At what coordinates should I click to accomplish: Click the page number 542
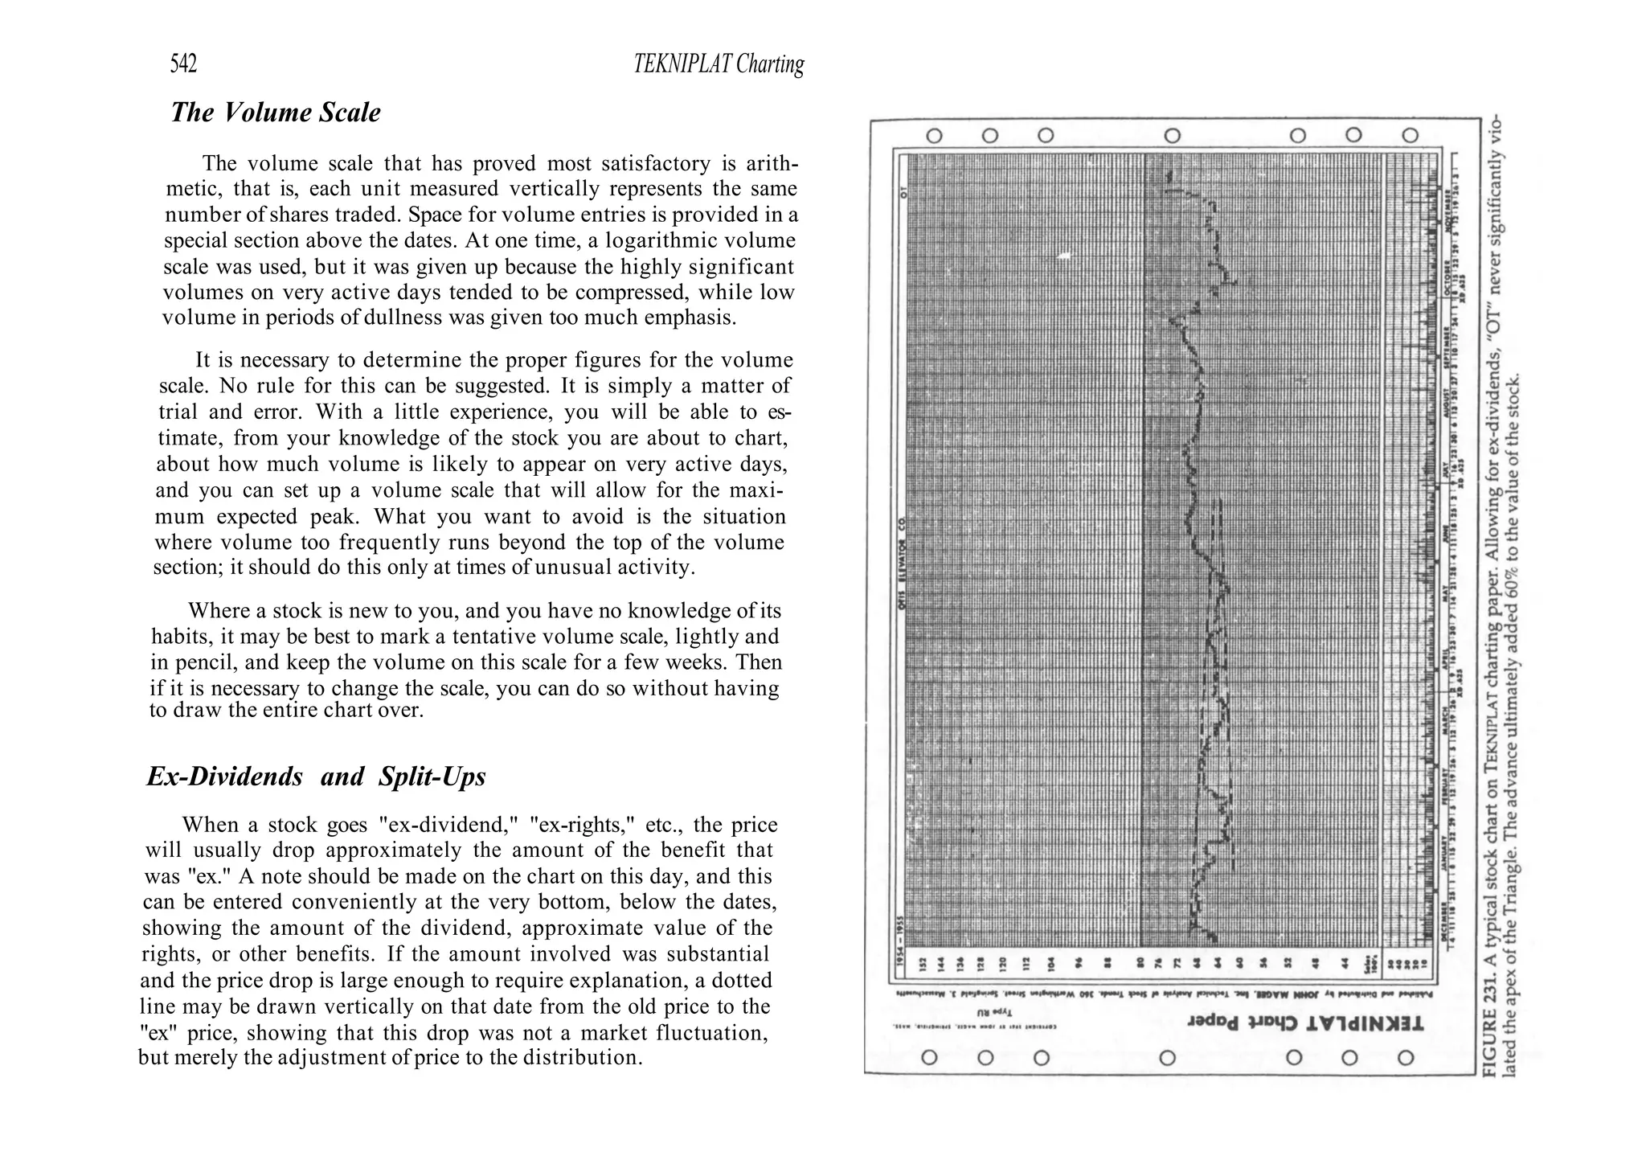tap(183, 64)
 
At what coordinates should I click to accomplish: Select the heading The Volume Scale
tap(276, 113)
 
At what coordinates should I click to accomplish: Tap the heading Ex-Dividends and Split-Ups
tap(316, 777)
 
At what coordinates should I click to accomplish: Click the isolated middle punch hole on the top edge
tap(1172, 136)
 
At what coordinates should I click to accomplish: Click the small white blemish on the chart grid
tap(1065, 256)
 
